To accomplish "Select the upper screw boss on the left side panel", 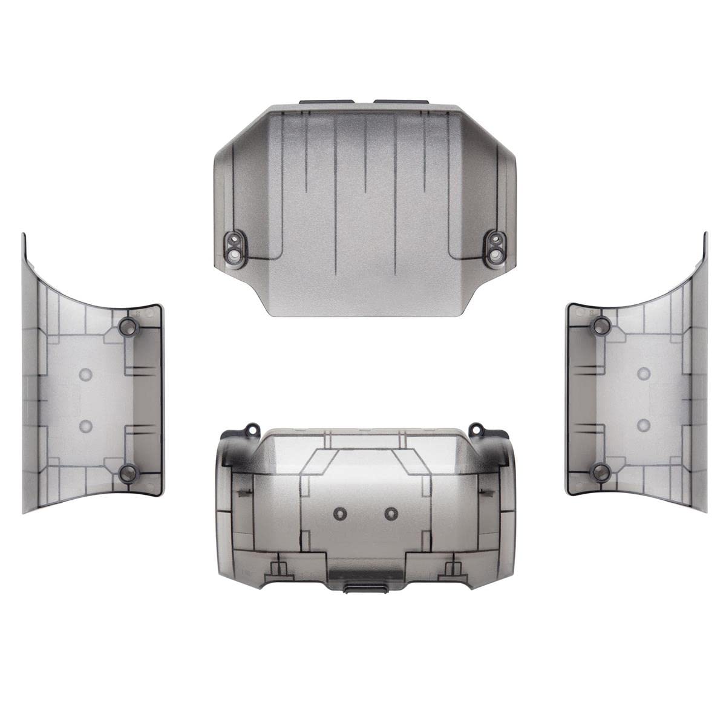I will (x=128, y=327).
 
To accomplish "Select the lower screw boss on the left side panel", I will (x=128, y=473).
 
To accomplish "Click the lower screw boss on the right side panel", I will (x=600, y=472).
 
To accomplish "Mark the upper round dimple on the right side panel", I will (x=644, y=374).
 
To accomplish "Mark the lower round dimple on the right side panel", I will (x=644, y=423).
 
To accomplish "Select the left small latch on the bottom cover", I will (x=279, y=569).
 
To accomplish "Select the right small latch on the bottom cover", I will (x=450, y=569).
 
